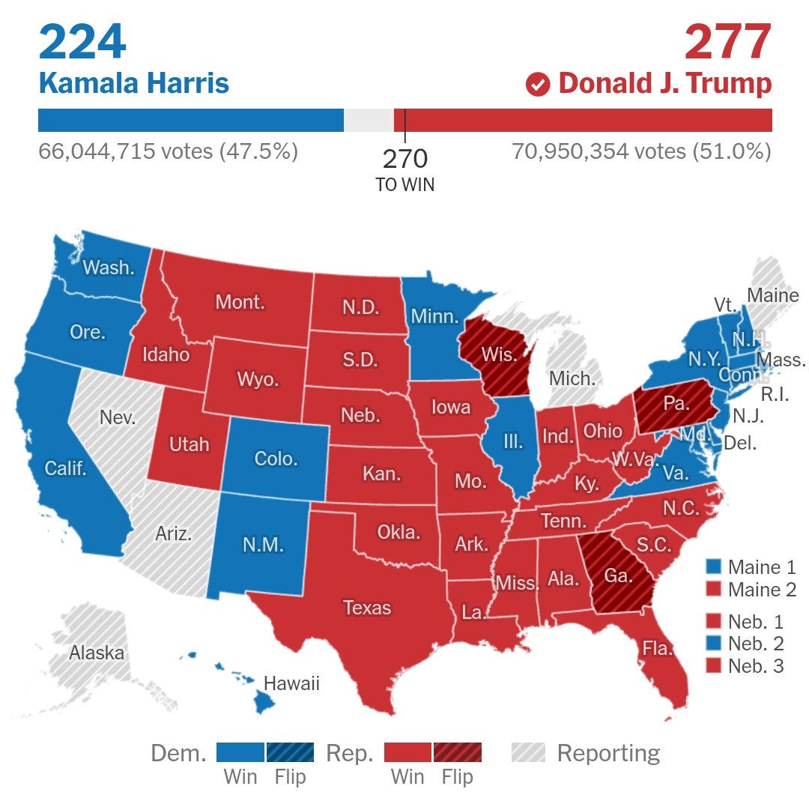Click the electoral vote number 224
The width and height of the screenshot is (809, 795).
click(x=82, y=43)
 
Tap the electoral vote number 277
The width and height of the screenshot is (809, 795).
click(x=727, y=43)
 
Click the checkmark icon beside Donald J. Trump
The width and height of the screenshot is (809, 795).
click(x=538, y=84)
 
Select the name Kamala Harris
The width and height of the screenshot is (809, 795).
click(x=133, y=83)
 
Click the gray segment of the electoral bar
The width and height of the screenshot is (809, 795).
click(x=369, y=121)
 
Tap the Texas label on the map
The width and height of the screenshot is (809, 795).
click(x=367, y=607)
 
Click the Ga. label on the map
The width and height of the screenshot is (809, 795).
click(x=619, y=576)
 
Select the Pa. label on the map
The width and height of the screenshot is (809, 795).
click(x=676, y=403)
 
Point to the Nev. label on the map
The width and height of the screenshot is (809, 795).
click(x=118, y=417)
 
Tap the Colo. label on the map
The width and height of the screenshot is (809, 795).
click(x=276, y=458)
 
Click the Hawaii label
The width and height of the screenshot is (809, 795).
click(x=291, y=683)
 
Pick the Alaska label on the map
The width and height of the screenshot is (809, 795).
click(x=97, y=652)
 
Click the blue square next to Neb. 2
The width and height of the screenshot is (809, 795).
click(x=714, y=642)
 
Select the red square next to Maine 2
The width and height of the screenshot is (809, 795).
click(x=714, y=590)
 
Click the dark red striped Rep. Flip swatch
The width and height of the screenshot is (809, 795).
click(x=457, y=752)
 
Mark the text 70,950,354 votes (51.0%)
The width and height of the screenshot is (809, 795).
click(x=641, y=151)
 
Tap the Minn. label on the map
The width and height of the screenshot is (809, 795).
click(x=434, y=316)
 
